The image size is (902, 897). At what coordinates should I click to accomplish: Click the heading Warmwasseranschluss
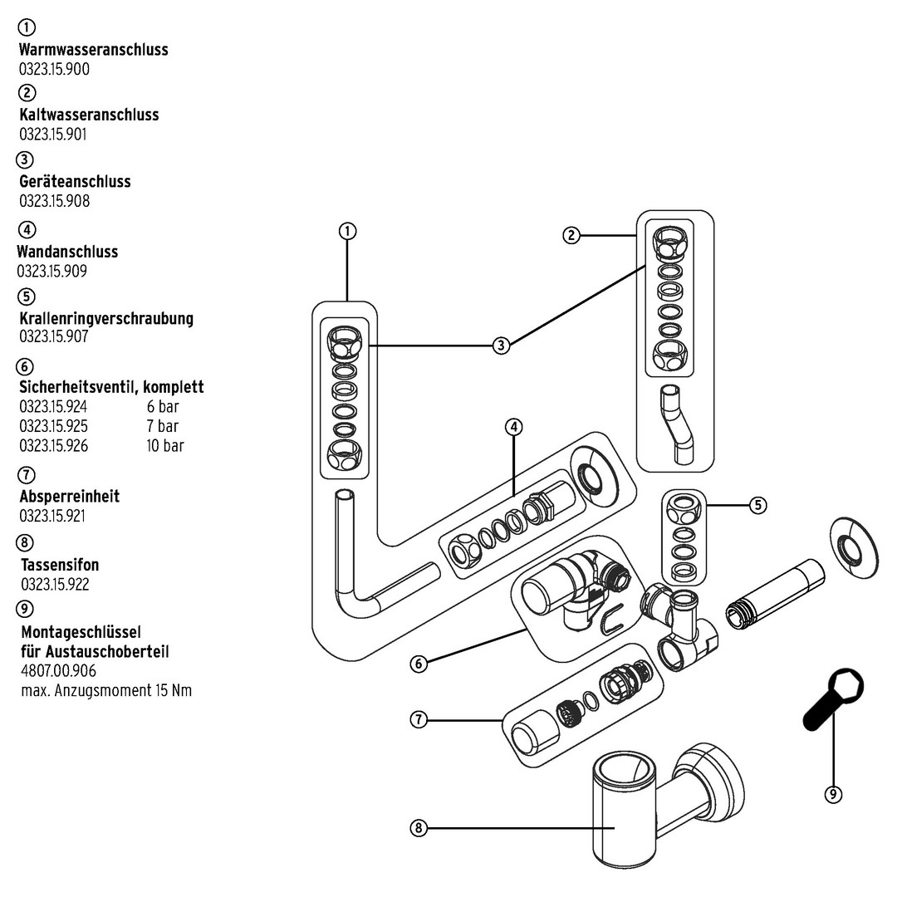pos(93,50)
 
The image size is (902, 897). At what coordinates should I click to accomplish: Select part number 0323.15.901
pos(53,134)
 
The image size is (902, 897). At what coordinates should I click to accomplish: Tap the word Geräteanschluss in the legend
pos(75,182)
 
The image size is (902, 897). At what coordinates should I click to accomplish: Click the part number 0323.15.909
pos(51,271)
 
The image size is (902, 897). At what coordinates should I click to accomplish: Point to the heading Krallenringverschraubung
pos(106,318)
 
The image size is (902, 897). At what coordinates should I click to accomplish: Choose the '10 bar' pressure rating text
pos(165,445)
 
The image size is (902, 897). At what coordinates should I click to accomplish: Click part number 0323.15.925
pos(53,426)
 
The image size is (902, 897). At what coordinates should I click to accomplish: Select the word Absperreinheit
pos(70,496)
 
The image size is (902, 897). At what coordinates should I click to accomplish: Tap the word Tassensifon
pos(60,565)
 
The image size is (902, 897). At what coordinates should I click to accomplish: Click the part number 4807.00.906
pos(59,671)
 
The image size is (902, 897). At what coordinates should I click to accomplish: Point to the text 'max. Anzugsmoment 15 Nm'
pos(106,690)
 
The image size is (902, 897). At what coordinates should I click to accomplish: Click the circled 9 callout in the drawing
pos(833,794)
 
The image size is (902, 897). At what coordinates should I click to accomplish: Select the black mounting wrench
pos(833,699)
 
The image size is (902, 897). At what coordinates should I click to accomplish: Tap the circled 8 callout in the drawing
pos(419,829)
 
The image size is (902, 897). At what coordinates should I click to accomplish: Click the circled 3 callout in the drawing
pos(501,346)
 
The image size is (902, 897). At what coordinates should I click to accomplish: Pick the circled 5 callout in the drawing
pos(758,505)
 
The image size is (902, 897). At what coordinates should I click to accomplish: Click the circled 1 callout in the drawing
pos(347,231)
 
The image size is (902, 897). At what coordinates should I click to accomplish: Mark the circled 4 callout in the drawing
pos(513,427)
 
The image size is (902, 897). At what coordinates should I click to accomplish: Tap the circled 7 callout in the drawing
pos(419,720)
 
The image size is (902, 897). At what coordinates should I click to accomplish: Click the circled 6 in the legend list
pos(25,366)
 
